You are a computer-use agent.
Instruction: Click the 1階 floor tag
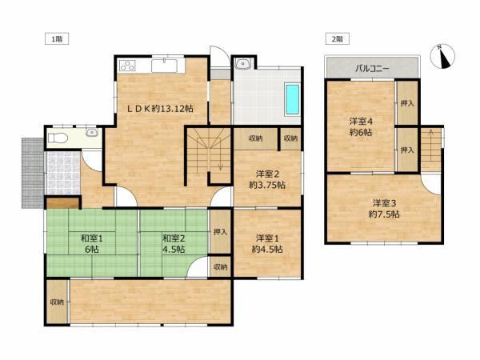(57, 39)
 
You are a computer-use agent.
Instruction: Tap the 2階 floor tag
(337, 39)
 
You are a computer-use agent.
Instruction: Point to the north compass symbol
(442, 56)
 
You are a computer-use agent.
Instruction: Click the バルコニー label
(372, 68)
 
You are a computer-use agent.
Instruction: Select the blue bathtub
(292, 99)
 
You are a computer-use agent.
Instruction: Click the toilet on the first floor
(58, 138)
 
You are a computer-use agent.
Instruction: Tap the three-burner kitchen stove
(127, 66)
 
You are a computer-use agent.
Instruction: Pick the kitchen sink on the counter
(164, 66)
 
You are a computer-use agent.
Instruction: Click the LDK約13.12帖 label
(160, 109)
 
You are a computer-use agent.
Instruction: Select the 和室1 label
(92, 238)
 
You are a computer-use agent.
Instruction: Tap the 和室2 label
(174, 238)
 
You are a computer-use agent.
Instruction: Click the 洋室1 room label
(267, 238)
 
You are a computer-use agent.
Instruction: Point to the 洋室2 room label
(267, 174)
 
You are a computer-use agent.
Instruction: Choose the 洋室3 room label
(384, 203)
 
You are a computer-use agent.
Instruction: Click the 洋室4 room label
(361, 122)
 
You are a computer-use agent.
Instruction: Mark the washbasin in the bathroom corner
(244, 64)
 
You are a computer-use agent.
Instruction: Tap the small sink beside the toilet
(91, 132)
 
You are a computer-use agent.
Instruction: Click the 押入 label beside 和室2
(220, 232)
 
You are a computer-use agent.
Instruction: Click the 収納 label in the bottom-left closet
(57, 302)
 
